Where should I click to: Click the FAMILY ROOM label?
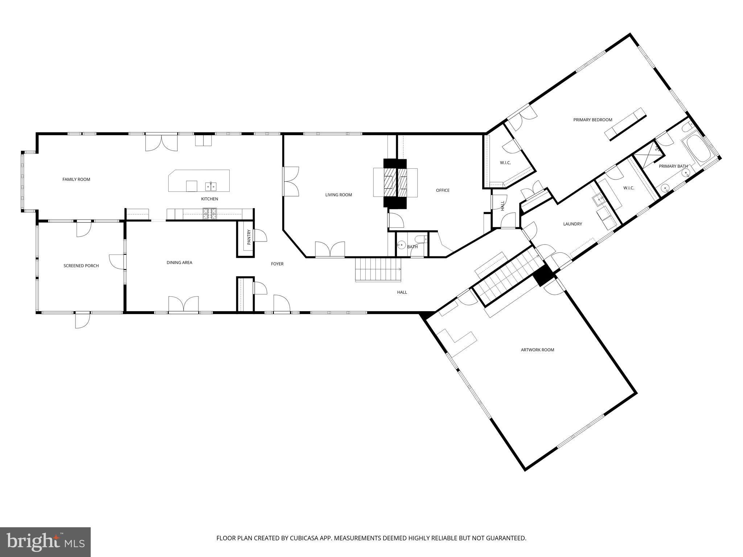click(76, 179)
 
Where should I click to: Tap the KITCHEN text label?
click(210, 199)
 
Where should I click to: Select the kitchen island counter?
click(199, 181)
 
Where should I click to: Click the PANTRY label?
click(249, 237)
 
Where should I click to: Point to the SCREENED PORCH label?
click(81, 266)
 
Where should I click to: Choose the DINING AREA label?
click(179, 263)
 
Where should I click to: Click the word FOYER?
click(277, 264)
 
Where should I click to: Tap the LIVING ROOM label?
click(338, 195)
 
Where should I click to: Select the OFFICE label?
click(443, 190)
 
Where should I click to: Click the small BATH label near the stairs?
click(412, 247)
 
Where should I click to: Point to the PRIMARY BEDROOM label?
click(592, 120)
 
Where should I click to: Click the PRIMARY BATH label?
click(673, 166)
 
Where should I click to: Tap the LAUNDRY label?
click(572, 224)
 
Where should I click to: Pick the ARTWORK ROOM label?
click(537, 350)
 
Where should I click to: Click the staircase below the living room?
click(378, 269)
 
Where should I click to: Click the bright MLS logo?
click(45, 541)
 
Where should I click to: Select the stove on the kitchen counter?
click(210, 214)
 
